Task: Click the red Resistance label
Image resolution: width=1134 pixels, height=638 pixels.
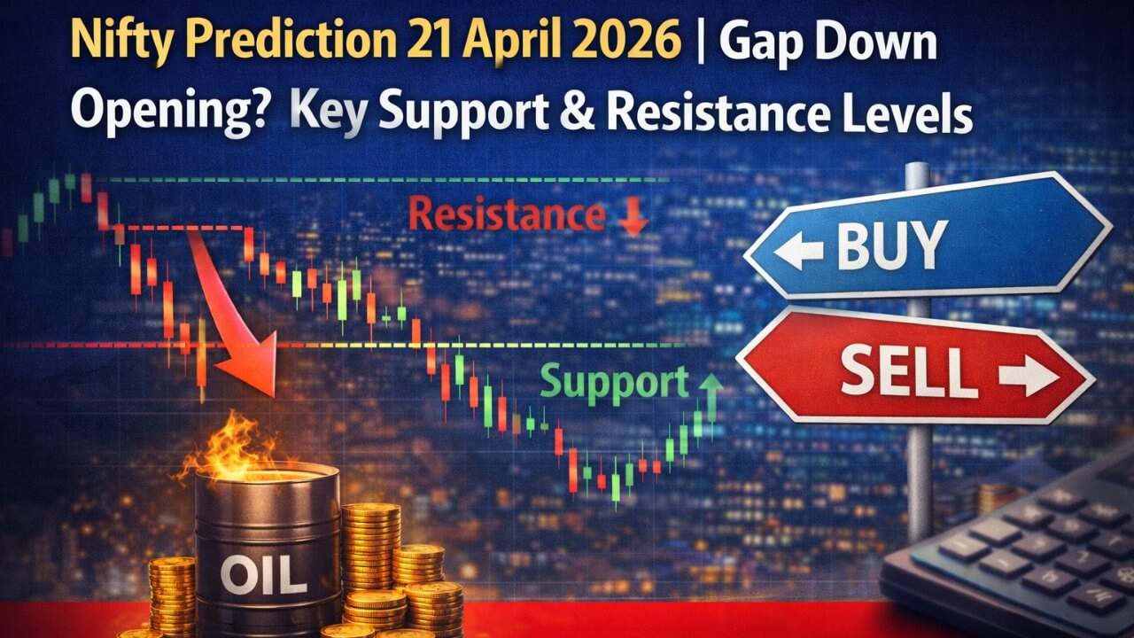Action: [x=508, y=214]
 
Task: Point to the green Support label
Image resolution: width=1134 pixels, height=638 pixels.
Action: [x=614, y=382]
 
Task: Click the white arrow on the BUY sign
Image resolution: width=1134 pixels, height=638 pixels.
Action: [x=797, y=251]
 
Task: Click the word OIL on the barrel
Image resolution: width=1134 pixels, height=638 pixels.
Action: [x=263, y=574]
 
